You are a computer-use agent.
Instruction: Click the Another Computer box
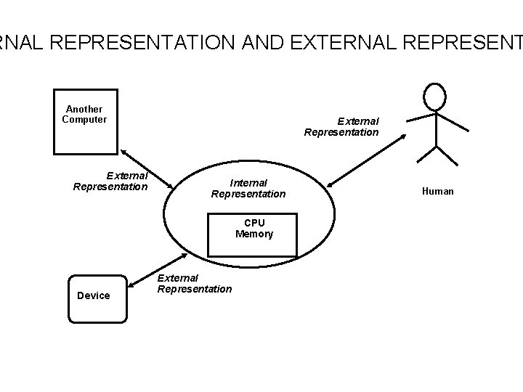pyautogui.click(x=84, y=121)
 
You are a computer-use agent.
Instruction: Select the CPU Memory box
pyautogui.click(x=253, y=234)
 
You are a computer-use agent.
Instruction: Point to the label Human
pyautogui.click(x=438, y=191)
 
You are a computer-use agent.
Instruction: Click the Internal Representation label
pyautogui.click(x=248, y=188)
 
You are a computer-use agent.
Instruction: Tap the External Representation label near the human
pyautogui.click(x=341, y=127)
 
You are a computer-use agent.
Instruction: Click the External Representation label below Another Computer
pyautogui.click(x=111, y=181)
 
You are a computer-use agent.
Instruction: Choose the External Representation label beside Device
pyautogui.click(x=195, y=284)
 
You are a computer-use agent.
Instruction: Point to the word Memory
pyautogui.click(x=254, y=234)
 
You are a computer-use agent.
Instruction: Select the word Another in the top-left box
pyautogui.click(x=84, y=109)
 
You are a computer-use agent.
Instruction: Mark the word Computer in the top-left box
pyautogui.click(x=84, y=119)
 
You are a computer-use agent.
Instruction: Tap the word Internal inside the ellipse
pyautogui.click(x=249, y=182)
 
